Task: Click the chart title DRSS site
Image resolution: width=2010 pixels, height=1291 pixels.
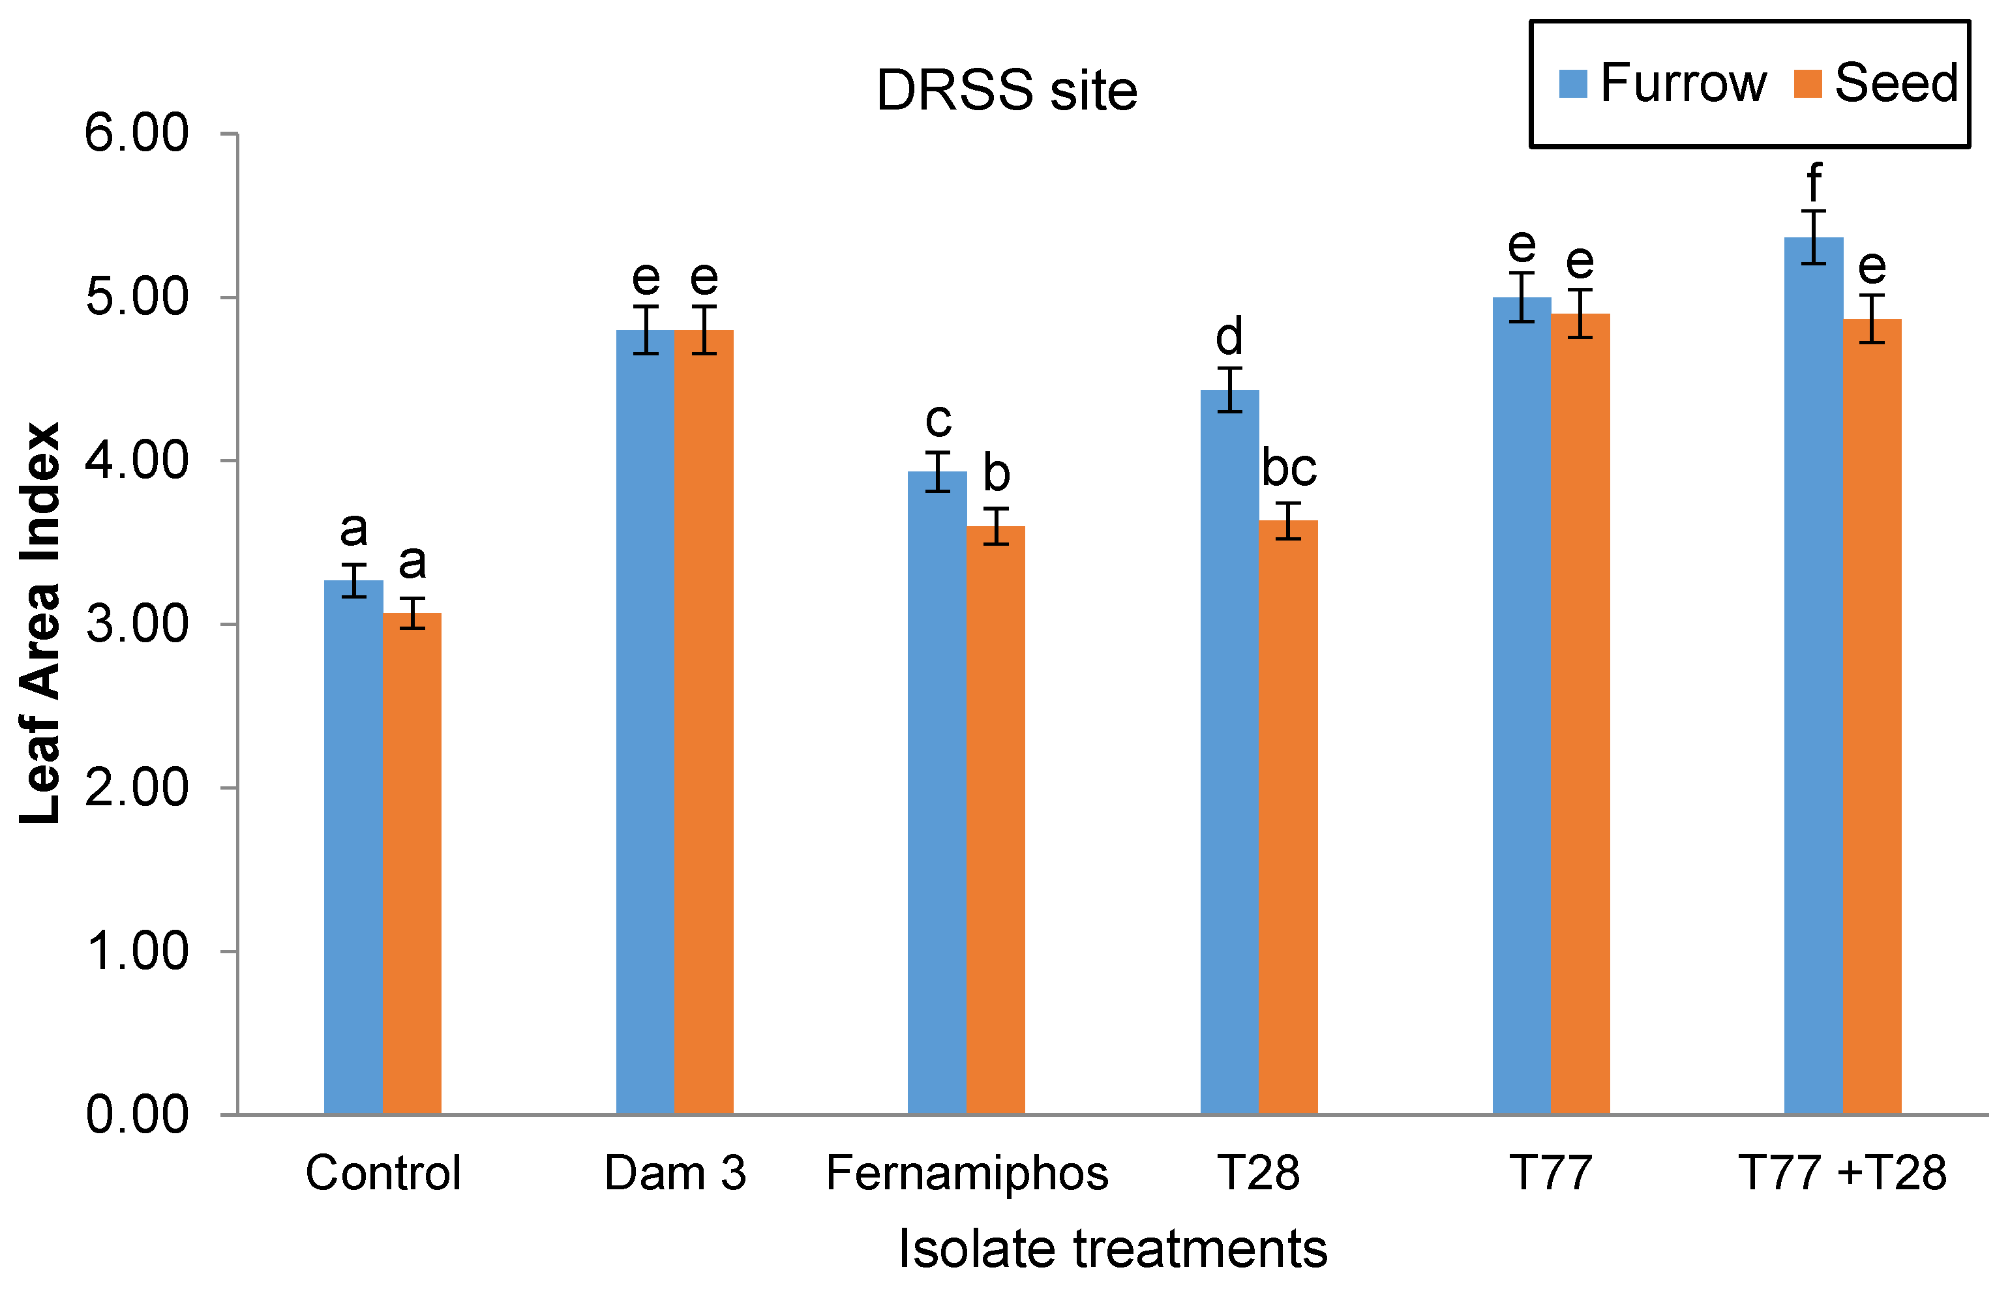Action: tap(1006, 91)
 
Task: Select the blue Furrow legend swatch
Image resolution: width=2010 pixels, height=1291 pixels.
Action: tap(1572, 84)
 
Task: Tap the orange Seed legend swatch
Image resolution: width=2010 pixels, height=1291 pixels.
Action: tap(1807, 84)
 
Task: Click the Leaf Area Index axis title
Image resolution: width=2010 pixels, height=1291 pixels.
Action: tap(40, 625)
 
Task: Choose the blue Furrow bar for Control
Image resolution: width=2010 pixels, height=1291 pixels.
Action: tap(353, 847)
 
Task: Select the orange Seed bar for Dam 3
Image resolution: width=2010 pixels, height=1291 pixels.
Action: tap(704, 721)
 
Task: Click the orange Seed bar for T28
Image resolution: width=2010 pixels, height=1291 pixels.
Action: tap(1288, 818)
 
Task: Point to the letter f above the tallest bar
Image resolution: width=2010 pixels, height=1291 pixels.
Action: tap(1814, 183)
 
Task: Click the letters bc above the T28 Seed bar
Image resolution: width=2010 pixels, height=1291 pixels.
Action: tap(1289, 467)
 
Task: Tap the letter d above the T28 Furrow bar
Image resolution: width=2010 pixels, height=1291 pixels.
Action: tap(1229, 337)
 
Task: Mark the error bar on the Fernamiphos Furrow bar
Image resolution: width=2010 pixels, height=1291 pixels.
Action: tap(937, 471)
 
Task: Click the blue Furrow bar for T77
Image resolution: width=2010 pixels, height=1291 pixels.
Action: tap(1521, 704)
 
